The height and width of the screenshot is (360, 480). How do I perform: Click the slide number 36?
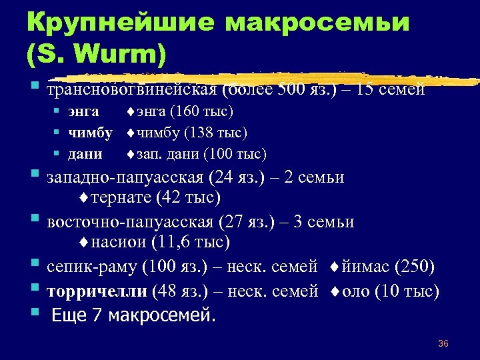tap(443, 343)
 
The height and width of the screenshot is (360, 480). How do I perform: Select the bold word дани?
tap(85, 154)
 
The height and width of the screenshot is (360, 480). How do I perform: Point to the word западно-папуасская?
tap(125, 178)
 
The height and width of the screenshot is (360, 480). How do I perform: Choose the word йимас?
tap(365, 267)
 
